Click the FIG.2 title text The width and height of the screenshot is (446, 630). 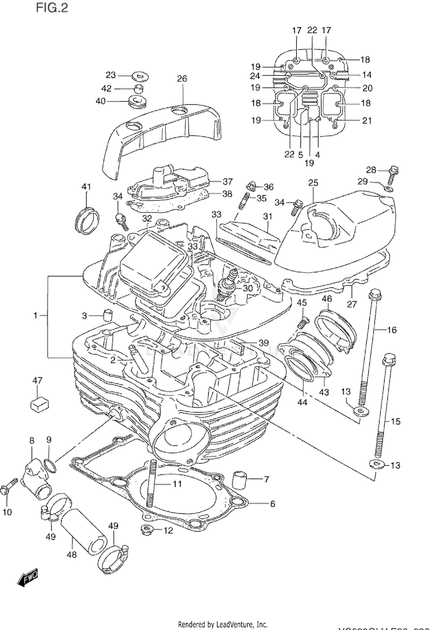(x=52, y=8)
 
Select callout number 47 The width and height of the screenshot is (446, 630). (x=37, y=380)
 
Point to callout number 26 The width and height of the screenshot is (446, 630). (x=182, y=79)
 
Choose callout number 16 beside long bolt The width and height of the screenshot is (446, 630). (x=392, y=330)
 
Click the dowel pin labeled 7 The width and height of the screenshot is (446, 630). (x=240, y=480)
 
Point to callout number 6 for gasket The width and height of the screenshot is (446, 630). (x=272, y=504)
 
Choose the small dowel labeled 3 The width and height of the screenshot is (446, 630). (x=107, y=315)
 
